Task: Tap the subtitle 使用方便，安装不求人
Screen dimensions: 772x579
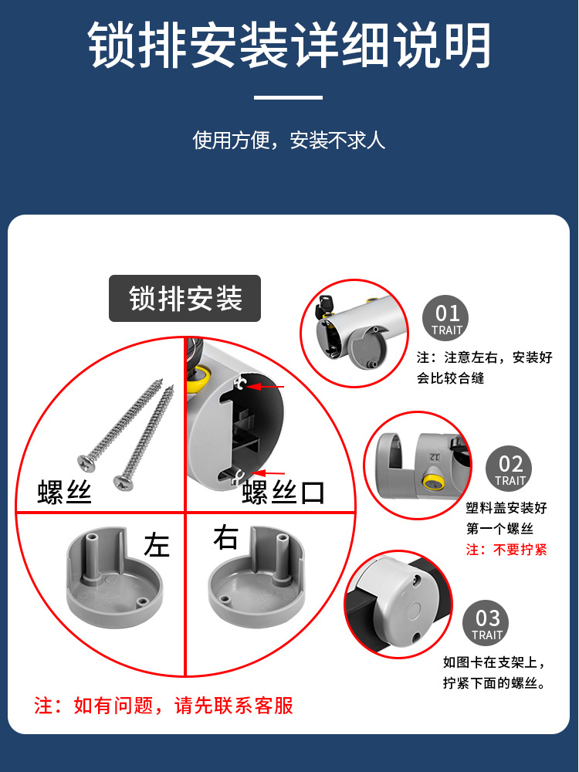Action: tap(289, 141)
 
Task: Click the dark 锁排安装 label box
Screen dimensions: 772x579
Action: tap(185, 299)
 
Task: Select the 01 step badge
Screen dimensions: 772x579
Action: tap(447, 318)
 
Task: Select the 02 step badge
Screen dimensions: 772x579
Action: tap(510, 469)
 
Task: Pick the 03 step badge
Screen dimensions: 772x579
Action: tap(487, 624)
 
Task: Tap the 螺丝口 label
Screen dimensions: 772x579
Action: tap(284, 492)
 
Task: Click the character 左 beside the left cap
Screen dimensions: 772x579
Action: tap(157, 546)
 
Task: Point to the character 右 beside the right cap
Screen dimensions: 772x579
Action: tap(225, 538)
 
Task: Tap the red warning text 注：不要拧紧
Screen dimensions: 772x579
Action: tap(506, 550)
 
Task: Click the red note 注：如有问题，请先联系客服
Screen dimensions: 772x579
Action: tap(164, 706)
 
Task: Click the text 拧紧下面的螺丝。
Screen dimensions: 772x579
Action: tap(495, 683)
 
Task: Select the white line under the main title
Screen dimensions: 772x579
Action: tap(289, 97)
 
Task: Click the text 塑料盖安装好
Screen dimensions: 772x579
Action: tap(506, 508)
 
